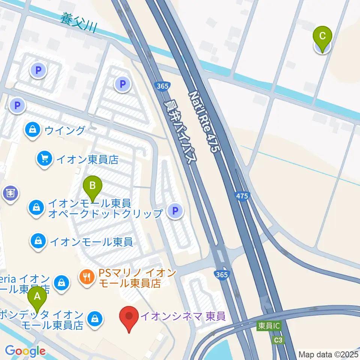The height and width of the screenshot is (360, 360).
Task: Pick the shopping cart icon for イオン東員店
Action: (x=45, y=159)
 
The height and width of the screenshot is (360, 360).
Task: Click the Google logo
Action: (x=25, y=351)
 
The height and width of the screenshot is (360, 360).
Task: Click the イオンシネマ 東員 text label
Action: (x=183, y=316)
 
